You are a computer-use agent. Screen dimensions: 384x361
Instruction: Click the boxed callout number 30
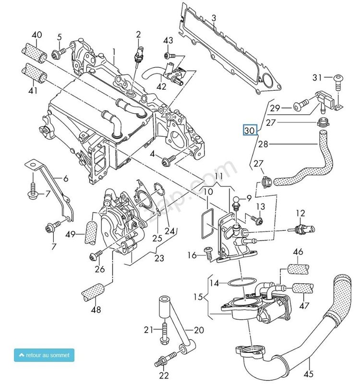point(250,130)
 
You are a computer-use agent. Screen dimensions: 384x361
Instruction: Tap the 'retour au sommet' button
point(44,355)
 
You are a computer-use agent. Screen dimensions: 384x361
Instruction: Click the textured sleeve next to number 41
point(33,76)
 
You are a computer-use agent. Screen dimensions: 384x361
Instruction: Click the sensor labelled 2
point(138,55)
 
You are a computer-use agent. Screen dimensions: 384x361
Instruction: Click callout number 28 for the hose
point(263,144)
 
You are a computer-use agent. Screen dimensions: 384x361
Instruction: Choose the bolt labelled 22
point(168,359)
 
